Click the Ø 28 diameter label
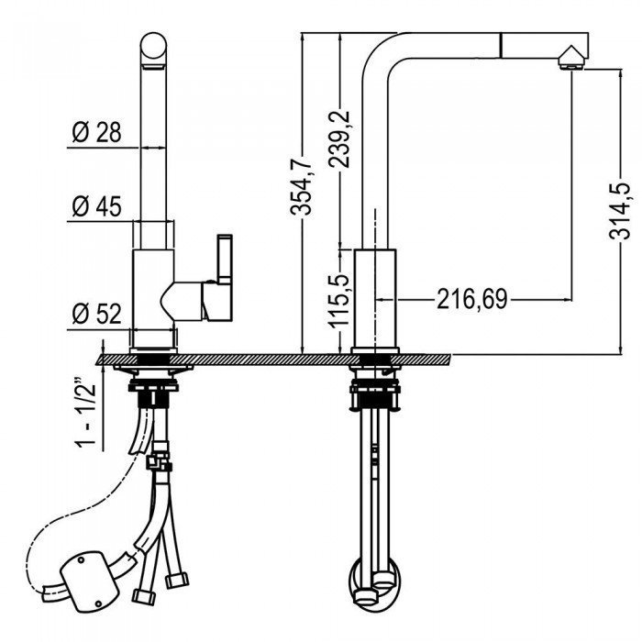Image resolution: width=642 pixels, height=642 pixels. pyautogui.click(x=96, y=133)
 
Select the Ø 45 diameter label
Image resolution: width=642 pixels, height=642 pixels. pyautogui.click(x=96, y=206)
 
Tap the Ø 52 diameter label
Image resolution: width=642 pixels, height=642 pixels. pyautogui.click(x=96, y=314)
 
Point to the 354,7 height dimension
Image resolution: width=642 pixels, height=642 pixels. pyautogui.click(x=302, y=186)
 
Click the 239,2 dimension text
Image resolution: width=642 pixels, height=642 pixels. pyautogui.click(x=339, y=139)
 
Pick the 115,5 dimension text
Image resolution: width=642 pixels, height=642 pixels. pyautogui.click(x=338, y=301)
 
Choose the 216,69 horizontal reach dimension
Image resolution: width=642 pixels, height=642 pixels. pyautogui.click(x=472, y=299)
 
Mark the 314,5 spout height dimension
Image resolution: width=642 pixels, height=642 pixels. pyautogui.click(x=620, y=210)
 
